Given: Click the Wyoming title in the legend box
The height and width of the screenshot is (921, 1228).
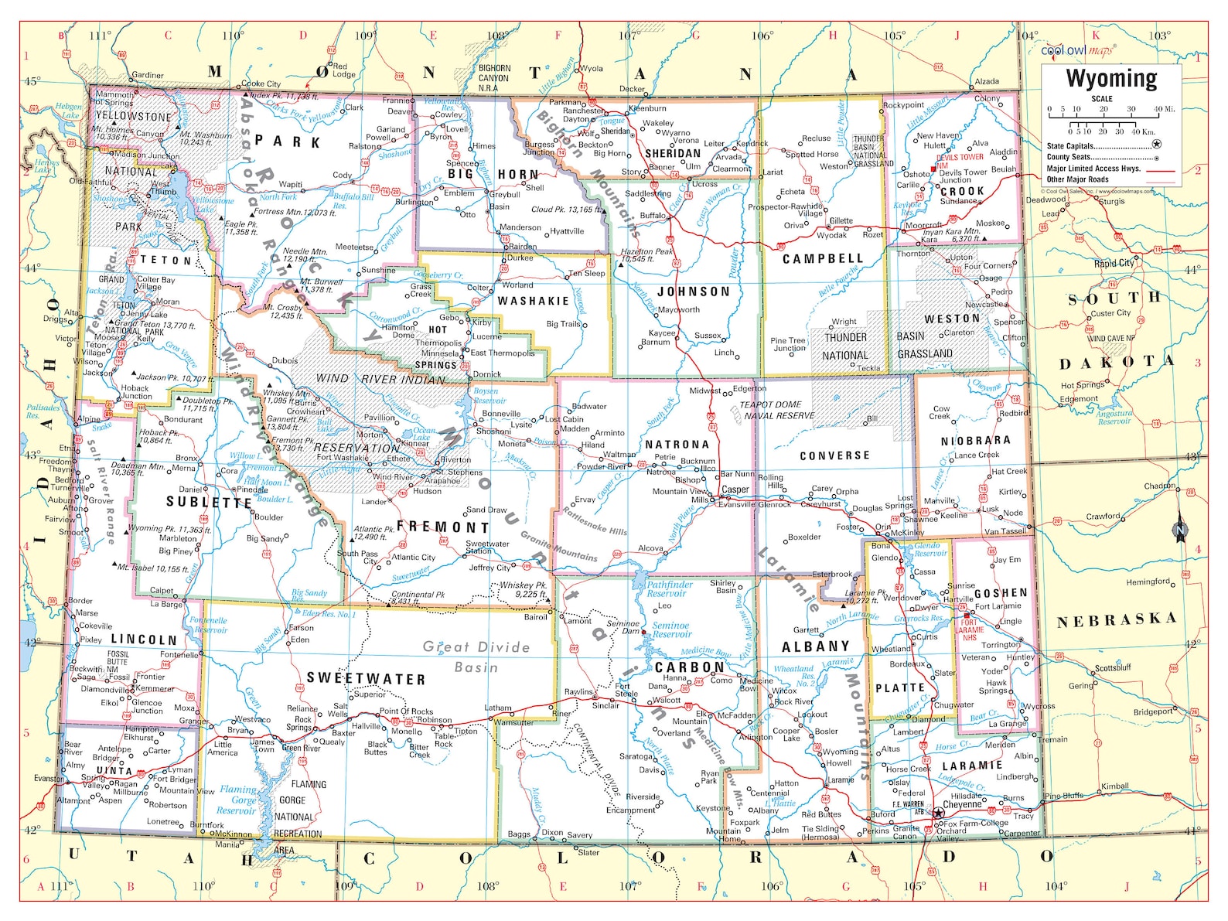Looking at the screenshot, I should pyautogui.click(x=1111, y=79).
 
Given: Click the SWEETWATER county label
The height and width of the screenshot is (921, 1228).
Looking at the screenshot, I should pyautogui.click(x=366, y=679).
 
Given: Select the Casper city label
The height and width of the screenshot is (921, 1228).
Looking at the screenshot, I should pyautogui.click(x=735, y=489).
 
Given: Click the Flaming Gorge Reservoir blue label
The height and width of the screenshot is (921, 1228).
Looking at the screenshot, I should pyautogui.click(x=237, y=800).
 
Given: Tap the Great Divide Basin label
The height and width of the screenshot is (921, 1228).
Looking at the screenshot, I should pyautogui.click(x=476, y=657).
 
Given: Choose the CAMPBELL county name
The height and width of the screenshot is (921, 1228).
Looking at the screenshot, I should pyautogui.click(x=823, y=258).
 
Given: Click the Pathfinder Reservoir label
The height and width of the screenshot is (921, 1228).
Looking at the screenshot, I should pyautogui.click(x=670, y=589).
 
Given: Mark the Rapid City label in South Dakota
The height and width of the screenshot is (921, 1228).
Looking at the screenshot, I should pyautogui.click(x=1114, y=263).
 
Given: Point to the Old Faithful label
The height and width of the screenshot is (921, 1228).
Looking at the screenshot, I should pyautogui.click(x=90, y=182).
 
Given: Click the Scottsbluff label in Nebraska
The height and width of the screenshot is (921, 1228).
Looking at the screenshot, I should pyautogui.click(x=1113, y=667).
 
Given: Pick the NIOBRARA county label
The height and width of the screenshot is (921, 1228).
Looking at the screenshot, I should pyautogui.click(x=975, y=441).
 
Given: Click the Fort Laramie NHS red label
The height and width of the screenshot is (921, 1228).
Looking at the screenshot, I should pyautogui.click(x=969, y=629).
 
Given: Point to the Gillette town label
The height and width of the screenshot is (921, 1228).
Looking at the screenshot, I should pyautogui.click(x=841, y=220).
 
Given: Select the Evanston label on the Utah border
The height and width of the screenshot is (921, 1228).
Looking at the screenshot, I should pyautogui.click(x=49, y=778).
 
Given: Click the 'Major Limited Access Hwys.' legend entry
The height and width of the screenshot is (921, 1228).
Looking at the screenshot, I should pyautogui.click(x=1093, y=168).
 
